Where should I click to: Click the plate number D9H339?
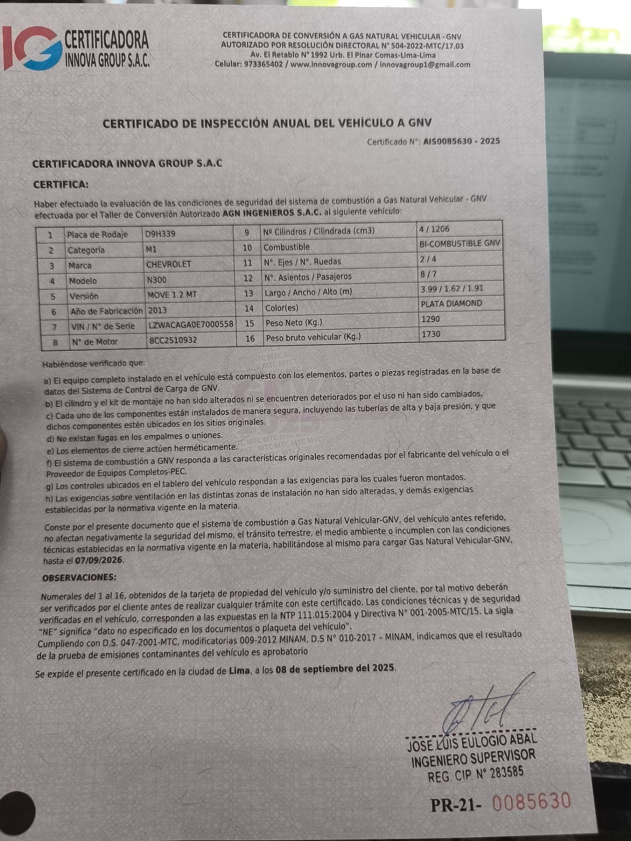point(160,234)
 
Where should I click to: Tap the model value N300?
point(156,280)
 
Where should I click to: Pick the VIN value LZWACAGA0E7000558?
point(191,325)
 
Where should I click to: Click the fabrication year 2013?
point(158,310)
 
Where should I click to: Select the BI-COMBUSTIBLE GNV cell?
point(460,244)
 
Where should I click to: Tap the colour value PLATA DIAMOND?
point(451,304)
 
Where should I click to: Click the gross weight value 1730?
point(431,334)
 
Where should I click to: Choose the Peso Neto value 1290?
point(430,319)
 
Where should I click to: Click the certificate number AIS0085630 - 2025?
point(461,141)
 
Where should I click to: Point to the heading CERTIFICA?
point(61,184)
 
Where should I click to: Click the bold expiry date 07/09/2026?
point(99,560)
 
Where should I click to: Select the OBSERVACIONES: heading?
point(79,578)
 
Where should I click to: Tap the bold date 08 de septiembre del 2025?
point(336,669)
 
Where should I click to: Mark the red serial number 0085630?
point(532,802)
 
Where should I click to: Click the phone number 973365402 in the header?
point(263,64)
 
